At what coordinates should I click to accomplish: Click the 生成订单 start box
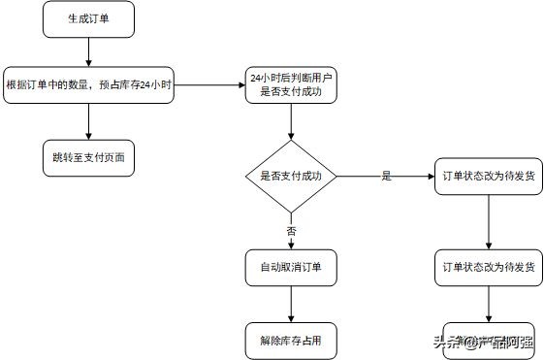[x=88, y=17]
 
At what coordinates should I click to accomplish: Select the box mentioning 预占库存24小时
[x=88, y=84]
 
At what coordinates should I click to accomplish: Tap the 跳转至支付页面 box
[x=88, y=156]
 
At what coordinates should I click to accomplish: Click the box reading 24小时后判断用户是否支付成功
[x=292, y=84]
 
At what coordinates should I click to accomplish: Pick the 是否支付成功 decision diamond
[x=292, y=177]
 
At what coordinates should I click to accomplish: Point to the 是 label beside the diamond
[x=386, y=176]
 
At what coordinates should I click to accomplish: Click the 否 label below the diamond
[x=292, y=231]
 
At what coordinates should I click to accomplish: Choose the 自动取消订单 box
[x=292, y=267]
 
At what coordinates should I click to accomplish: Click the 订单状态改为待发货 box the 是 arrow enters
[x=487, y=177]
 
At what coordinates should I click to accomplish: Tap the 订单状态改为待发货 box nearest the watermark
[x=487, y=267]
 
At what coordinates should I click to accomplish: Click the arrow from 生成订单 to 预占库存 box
[x=88, y=50]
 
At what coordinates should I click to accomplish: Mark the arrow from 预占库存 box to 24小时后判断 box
[x=208, y=84]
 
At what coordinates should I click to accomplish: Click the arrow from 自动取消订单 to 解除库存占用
[x=292, y=303]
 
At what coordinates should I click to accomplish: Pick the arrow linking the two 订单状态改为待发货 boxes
[x=487, y=221]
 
